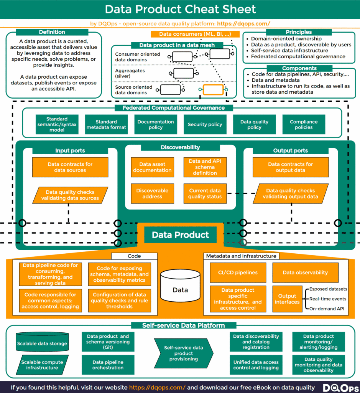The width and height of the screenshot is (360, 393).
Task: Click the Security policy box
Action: click(x=205, y=124)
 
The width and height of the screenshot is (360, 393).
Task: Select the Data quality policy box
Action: click(x=254, y=124)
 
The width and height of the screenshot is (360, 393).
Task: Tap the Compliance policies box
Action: click(x=304, y=124)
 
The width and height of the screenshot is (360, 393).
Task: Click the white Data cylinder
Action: click(x=180, y=286)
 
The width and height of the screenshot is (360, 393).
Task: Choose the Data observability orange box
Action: click(x=305, y=272)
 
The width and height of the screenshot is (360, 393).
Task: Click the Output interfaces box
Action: click(x=287, y=299)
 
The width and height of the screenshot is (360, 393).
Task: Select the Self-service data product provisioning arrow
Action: click(x=183, y=353)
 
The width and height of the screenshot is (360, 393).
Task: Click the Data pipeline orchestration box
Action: click(x=108, y=365)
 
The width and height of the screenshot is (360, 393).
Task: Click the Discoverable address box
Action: click(x=152, y=193)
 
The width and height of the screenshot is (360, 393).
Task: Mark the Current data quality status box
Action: click(x=205, y=193)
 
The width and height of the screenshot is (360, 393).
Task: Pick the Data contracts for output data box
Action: click(x=290, y=167)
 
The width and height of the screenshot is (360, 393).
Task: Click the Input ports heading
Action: click(x=70, y=150)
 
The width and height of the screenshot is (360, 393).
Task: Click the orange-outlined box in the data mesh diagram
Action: click(x=213, y=90)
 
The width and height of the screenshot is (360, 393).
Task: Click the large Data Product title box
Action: click(x=180, y=234)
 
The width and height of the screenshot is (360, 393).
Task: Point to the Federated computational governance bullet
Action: click(x=298, y=56)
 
